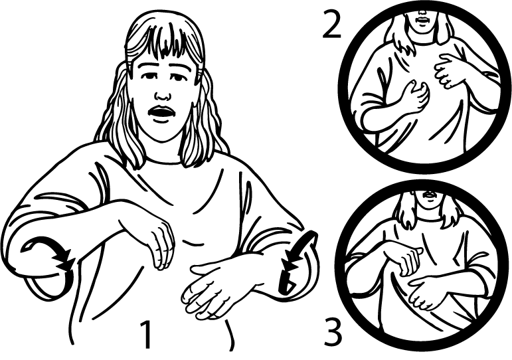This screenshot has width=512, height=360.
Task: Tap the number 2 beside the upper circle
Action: (331, 23)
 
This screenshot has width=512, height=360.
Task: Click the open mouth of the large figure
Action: (161, 113)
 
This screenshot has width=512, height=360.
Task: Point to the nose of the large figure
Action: (163, 95)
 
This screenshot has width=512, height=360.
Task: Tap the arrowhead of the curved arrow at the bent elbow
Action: (64, 261)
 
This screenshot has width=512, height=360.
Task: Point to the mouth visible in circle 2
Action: (422, 20)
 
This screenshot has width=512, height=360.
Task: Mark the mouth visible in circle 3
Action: (428, 195)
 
